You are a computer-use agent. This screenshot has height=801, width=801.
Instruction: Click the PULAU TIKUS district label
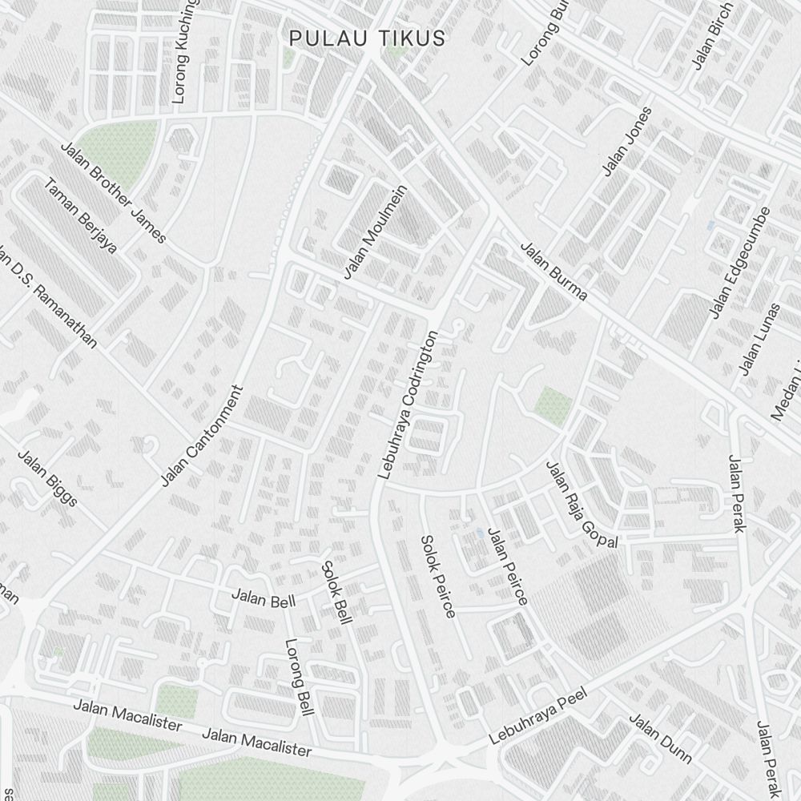click(368, 38)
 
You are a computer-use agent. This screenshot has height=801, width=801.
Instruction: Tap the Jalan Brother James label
click(114, 192)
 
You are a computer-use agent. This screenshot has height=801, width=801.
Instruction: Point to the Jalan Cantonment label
click(201, 436)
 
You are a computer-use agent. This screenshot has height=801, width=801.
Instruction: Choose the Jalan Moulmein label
click(376, 232)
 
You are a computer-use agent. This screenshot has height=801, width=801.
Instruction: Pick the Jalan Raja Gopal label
click(582, 505)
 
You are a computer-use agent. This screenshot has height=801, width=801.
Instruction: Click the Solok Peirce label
click(438, 576)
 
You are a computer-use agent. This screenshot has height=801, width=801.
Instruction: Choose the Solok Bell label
click(336, 594)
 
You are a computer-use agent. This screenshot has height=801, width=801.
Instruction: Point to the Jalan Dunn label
click(660, 736)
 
